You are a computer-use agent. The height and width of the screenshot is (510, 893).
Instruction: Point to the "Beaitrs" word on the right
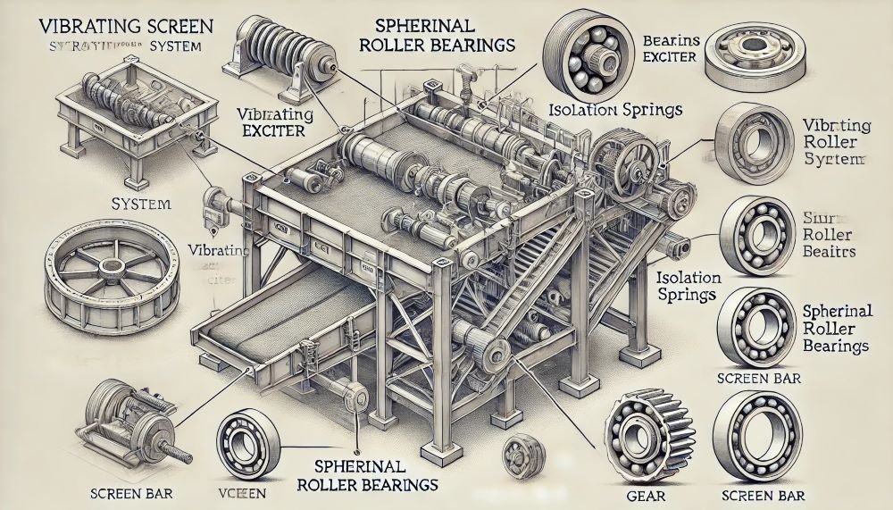(x=830, y=252)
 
